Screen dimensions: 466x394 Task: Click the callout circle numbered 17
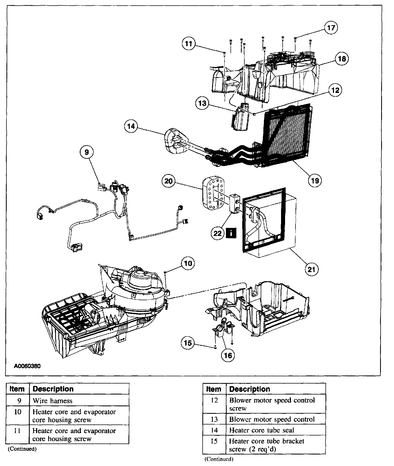(331, 28)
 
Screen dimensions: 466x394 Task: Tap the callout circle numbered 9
(86, 152)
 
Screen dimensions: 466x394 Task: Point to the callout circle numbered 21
(312, 269)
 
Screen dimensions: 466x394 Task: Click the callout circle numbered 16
(228, 355)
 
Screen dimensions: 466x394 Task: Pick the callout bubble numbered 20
(169, 181)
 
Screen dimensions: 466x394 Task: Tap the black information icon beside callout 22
(231, 233)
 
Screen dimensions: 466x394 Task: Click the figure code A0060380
(27, 366)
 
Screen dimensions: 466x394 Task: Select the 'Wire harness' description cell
(52, 401)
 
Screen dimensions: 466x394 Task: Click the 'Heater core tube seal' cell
(262, 430)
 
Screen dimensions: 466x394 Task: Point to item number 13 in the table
(214, 419)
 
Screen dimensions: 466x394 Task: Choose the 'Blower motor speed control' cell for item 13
(272, 419)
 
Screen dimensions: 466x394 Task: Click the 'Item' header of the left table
(17, 389)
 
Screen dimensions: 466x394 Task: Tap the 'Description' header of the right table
(250, 389)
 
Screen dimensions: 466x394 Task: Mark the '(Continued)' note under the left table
(22, 449)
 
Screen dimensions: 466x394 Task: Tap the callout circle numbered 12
(335, 90)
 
